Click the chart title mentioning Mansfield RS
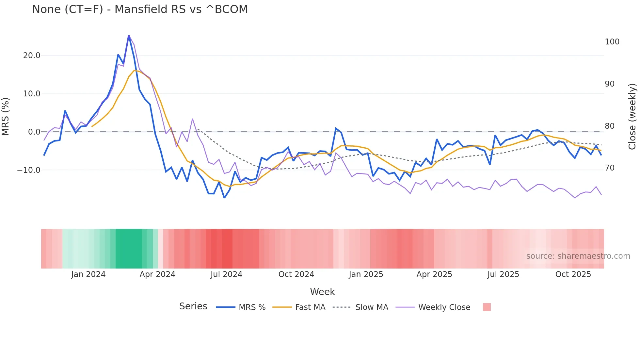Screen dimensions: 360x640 point(140,9)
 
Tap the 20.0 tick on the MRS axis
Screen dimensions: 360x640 point(32,56)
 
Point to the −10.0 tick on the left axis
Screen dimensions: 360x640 point(29,170)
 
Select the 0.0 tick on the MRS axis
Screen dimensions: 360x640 point(34,132)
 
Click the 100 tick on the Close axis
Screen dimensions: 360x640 point(612,42)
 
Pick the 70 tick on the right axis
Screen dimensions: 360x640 point(610,168)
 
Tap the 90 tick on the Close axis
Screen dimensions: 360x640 point(610,84)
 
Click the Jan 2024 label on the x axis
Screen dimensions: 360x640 point(88,274)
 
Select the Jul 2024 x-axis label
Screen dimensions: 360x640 point(226,274)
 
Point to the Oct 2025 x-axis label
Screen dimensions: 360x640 point(573,274)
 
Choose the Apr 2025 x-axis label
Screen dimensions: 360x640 point(434,274)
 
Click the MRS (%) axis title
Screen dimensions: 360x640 point(6,116)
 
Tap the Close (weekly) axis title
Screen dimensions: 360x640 point(632,116)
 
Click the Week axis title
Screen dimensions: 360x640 point(322,292)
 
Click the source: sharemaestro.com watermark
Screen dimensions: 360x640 point(578,256)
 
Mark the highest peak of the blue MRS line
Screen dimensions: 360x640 point(129,35)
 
